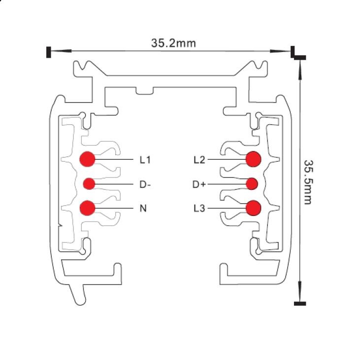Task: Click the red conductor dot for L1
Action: tap(87, 159)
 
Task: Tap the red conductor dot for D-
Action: tap(89, 184)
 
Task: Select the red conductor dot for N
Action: tap(87, 208)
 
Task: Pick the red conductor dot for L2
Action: tap(254, 159)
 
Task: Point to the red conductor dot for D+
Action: tap(252, 184)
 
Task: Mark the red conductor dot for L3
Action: tap(254, 208)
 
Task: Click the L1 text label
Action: tap(145, 160)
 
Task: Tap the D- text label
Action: tap(145, 184)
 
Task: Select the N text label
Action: tap(143, 208)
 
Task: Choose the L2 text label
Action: tap(199, 160)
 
